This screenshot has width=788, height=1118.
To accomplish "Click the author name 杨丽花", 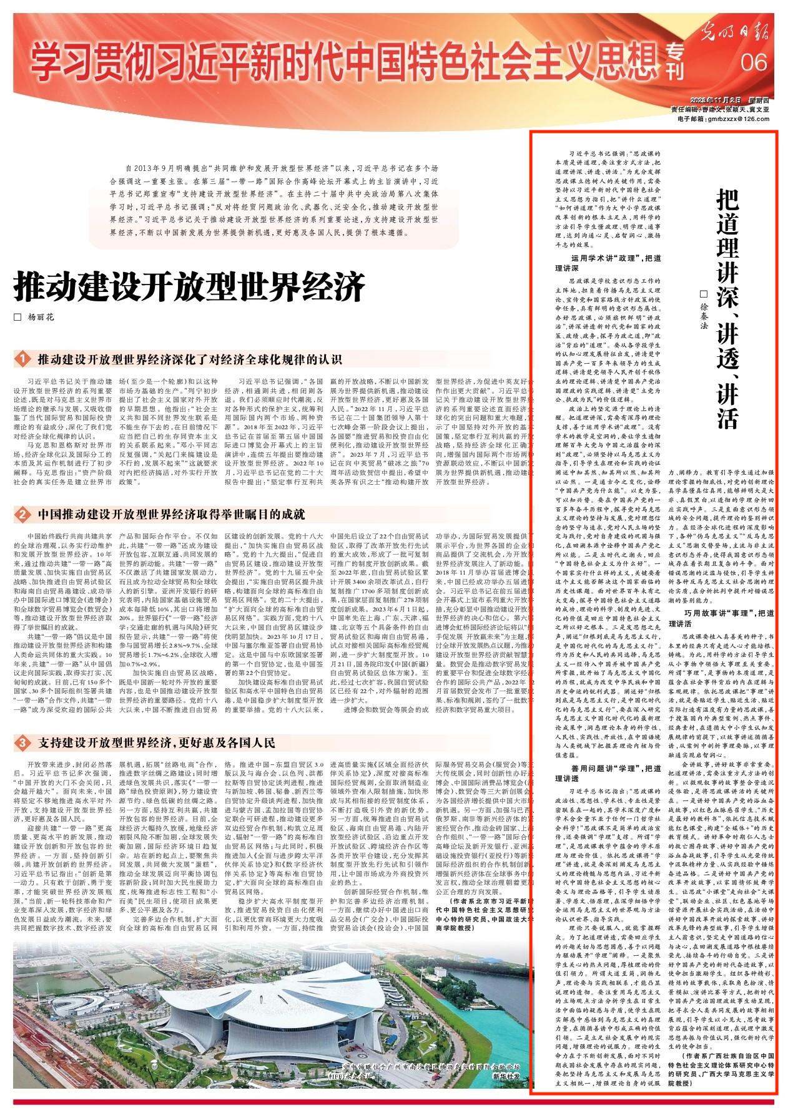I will coord(41,318).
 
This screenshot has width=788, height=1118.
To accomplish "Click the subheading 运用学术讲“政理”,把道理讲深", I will coord(608,263).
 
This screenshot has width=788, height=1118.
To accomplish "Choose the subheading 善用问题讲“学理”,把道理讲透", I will coord(608,769).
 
